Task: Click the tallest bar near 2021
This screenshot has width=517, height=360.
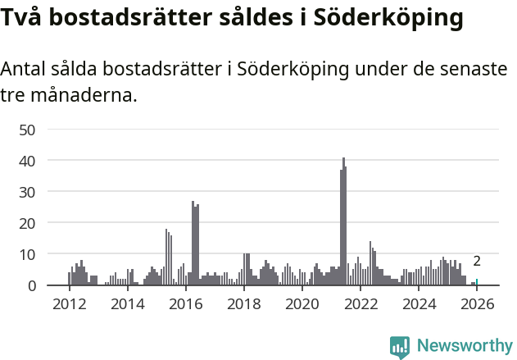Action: coord(343,221)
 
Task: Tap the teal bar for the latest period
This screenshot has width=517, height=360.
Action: coord(477,282)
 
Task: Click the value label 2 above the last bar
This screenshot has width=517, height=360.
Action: coord(477,262)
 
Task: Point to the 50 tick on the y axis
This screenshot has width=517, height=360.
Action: coord(27,130)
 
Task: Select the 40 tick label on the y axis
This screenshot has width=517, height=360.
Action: coord(27,161)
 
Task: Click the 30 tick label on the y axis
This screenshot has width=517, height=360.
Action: coord(27,192)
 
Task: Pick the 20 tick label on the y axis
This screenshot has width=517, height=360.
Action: coord(27,223)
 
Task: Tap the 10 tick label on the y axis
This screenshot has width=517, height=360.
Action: coord(27,254)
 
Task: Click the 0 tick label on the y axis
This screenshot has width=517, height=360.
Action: coord(31,285)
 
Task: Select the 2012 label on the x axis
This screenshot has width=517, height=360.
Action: coord(69,305)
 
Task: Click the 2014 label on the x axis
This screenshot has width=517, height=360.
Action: coord(127,305)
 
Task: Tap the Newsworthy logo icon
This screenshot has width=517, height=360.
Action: coord(400,346)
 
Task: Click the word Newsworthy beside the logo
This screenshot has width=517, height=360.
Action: coord(465,345)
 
